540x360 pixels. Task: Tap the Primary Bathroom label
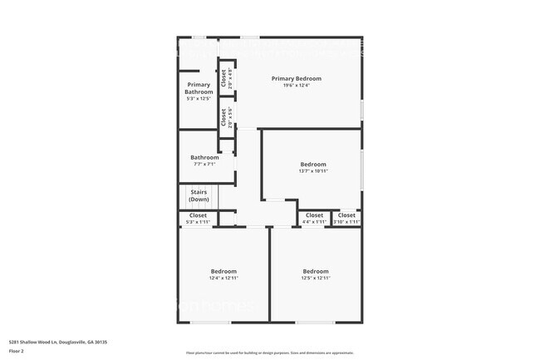pos(199,88)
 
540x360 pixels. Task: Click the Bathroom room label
pos(204,157)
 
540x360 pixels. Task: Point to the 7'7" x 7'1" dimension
pos(204,164)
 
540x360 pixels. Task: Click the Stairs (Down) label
pos(199,196)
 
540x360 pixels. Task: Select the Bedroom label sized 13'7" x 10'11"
pos(313,164)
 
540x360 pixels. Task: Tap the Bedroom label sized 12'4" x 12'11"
pos(223,271)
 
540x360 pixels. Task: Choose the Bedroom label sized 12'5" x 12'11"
pos(315,271)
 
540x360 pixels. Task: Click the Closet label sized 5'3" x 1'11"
pos(198,215)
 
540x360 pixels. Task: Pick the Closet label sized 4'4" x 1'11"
pos(314,215)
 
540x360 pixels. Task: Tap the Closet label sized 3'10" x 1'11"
pos(346,215)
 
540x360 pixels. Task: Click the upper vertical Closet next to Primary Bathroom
pos(223,78)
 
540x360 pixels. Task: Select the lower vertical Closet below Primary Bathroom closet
pos(223,116)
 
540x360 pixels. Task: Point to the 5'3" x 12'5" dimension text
pos(199,99)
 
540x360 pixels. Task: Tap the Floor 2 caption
pos(17,351)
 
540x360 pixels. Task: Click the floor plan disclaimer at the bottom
pos(270,353)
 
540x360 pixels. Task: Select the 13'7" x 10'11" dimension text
pos(313,171)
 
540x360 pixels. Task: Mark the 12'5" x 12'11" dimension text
pos(315,279)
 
